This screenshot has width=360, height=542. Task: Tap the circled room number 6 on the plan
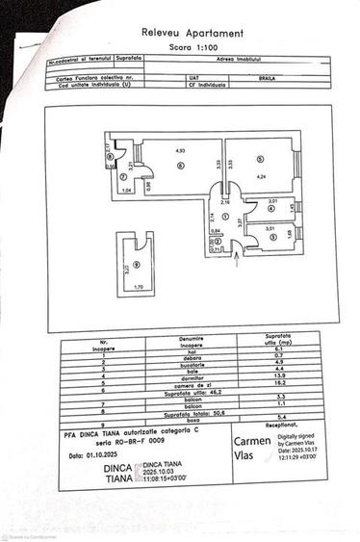click(x=179, y=164)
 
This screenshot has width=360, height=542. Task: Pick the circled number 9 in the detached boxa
click(x=137, y=264)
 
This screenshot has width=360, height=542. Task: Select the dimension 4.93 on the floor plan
click(x=179, y=149)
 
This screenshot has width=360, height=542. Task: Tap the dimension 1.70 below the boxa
click(x=138, y=288)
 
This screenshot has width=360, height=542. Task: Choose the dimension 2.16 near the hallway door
click(x=225, y=202)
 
